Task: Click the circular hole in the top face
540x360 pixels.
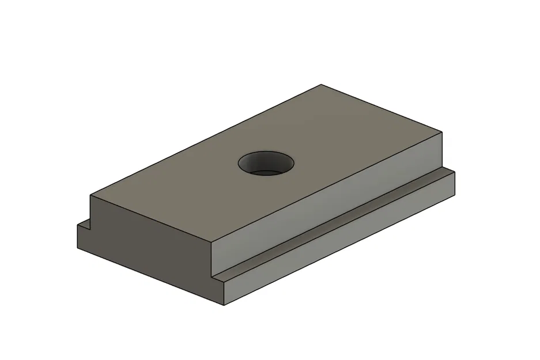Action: tap(266, 163)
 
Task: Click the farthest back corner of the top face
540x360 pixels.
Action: tap(320, 85)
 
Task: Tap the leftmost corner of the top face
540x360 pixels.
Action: tap(90, 195)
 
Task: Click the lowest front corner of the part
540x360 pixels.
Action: tap(224, 305)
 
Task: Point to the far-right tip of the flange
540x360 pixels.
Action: tap(455, 171)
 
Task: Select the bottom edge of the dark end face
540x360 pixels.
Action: tap(150, 276)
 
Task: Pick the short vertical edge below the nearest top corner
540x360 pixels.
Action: tap(212, 259)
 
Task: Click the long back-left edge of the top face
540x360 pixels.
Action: tap(205, 141)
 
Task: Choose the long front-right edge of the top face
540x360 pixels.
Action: tap(327, 188)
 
